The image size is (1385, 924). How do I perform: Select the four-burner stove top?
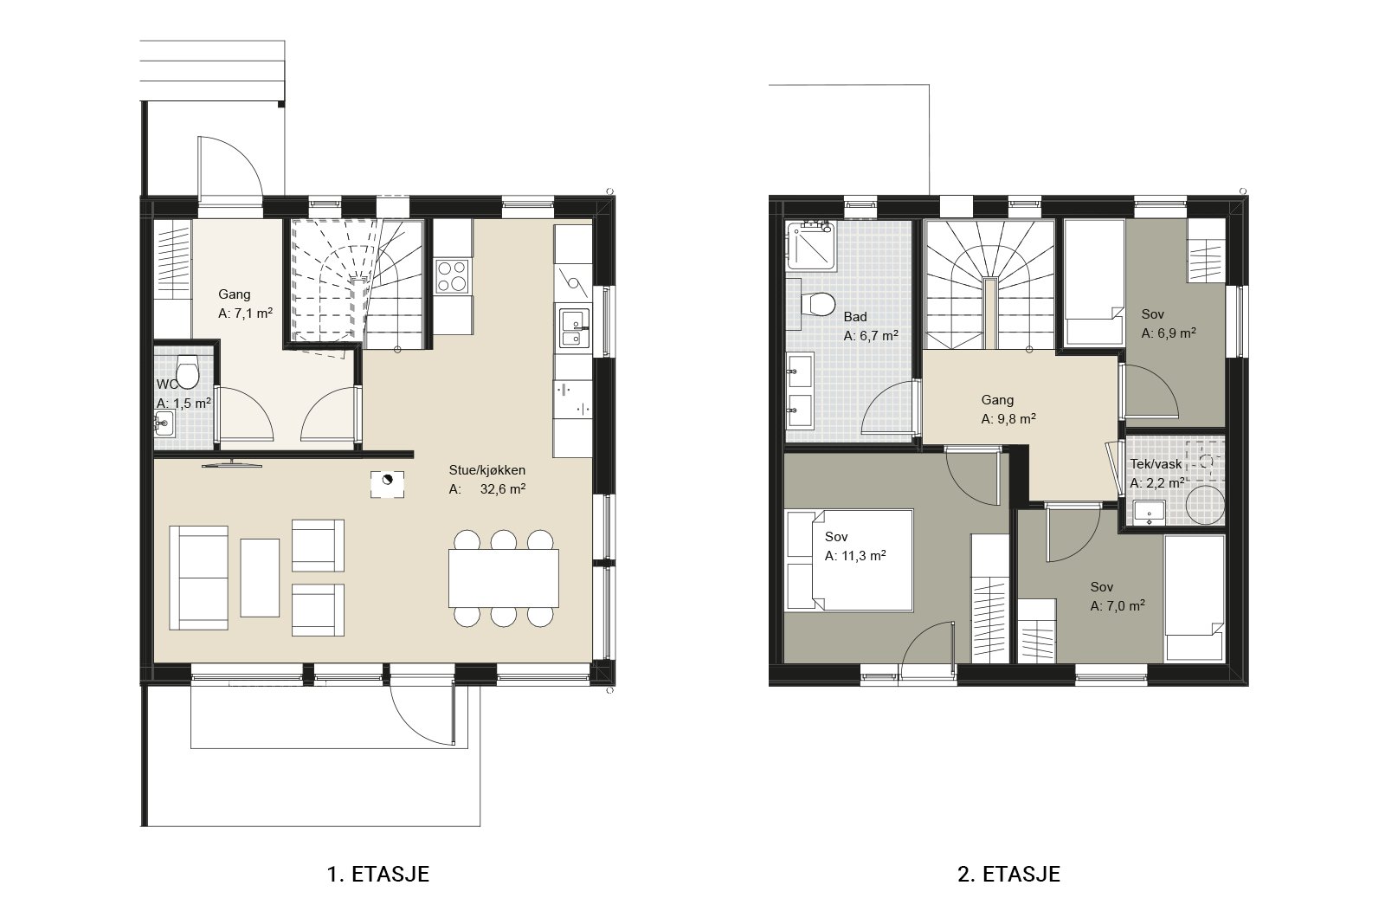453,276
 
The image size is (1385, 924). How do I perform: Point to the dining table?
504,578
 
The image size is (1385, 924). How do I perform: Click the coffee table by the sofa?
260,578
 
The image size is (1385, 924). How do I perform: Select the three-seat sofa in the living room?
198,578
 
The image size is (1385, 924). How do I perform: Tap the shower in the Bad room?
811,246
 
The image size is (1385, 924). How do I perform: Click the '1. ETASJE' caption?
377,874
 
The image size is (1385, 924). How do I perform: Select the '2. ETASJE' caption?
1009,874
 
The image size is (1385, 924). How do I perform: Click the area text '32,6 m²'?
503,489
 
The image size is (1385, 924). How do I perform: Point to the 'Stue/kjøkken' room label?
487,470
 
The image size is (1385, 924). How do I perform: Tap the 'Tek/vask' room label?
1156,464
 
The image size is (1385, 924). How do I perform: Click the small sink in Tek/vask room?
1150,513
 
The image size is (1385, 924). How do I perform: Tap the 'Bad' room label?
855,317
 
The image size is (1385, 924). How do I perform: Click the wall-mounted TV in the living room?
232,464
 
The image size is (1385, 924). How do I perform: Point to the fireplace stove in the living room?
388,484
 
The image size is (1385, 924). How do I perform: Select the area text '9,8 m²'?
1016,419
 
